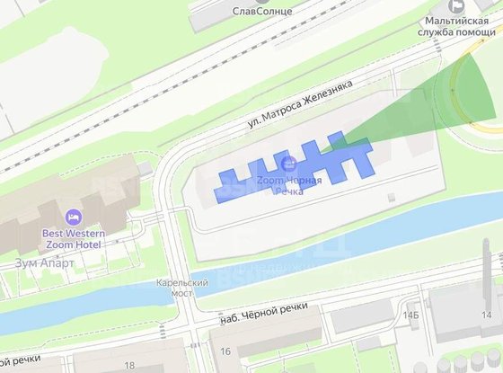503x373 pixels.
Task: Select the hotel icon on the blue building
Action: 288,163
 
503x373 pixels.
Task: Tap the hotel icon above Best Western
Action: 73,217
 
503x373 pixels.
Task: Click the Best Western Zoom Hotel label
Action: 74,239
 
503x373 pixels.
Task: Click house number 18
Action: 130,365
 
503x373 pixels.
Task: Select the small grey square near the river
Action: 390,195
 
